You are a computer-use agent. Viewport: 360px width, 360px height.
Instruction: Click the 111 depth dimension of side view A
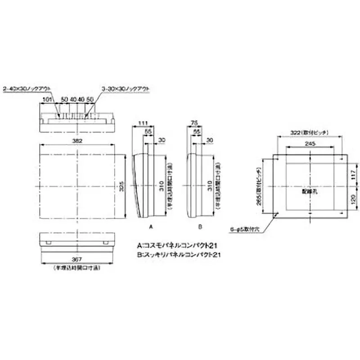point(143,123)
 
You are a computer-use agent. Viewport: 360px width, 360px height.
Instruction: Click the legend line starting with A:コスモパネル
point(178,246)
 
